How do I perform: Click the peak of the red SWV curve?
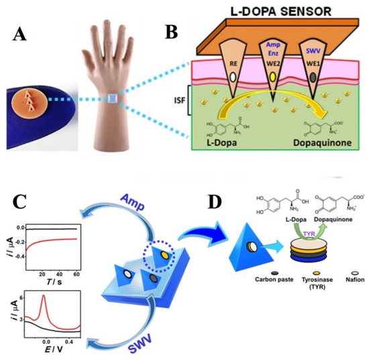43,297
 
